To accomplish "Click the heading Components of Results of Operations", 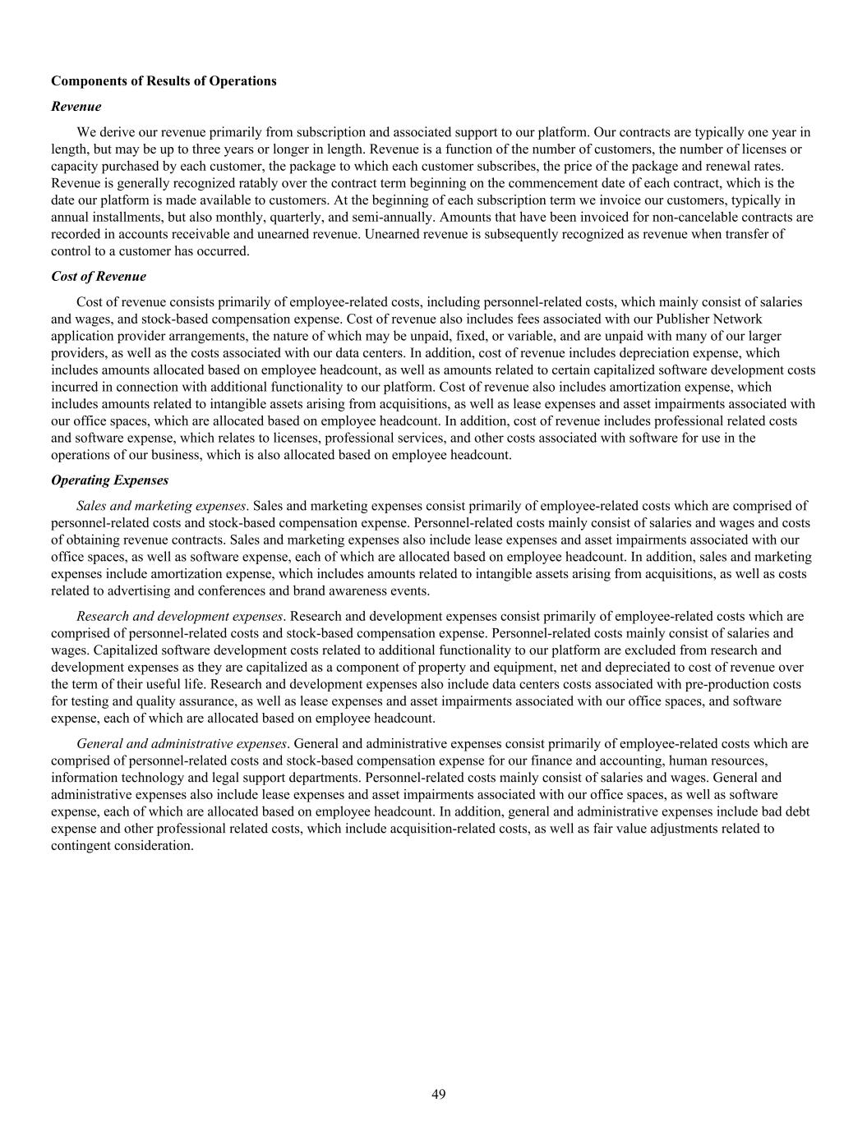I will click(x=164, y=80).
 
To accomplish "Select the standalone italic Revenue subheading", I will click(x=76, y=106).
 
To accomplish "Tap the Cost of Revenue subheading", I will click(x=99, y=276).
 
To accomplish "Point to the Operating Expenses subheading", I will click(x=109, y=480).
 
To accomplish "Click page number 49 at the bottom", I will click(x=439, y=1094).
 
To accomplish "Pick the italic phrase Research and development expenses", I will click(x=179, y=616).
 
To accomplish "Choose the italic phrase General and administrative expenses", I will click(x=182, y=743).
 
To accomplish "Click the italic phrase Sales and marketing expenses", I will click(x=161, y=506).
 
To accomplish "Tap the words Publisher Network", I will click(x=712, y=319).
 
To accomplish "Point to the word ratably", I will click(x=242, y=183).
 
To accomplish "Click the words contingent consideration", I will click(x=122, y=845).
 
